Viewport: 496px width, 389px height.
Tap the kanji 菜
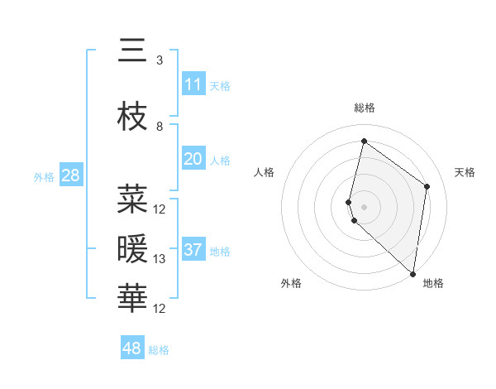coord(132,199)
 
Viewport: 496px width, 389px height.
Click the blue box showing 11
coord(193,84)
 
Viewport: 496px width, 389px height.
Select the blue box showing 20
coord(193,159)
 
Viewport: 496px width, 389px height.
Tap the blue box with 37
coord(193,250)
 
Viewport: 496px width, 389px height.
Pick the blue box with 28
coord(70,175)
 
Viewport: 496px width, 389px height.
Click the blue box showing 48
coord(131,348)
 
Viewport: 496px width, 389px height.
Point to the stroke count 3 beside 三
coord(159,60)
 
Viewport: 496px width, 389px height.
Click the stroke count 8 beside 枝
coord(159,127)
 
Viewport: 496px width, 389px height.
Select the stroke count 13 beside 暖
coord(160,259)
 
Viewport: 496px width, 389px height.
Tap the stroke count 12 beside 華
coord(160,309)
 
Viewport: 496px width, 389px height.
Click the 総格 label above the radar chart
coord(364,108)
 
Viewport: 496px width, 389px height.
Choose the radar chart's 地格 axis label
coord(433,283)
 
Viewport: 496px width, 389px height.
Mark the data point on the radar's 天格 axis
coord(427,186)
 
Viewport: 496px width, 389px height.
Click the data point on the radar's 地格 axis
coord(413,274)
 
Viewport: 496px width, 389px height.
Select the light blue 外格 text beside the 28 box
coord(44,176)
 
